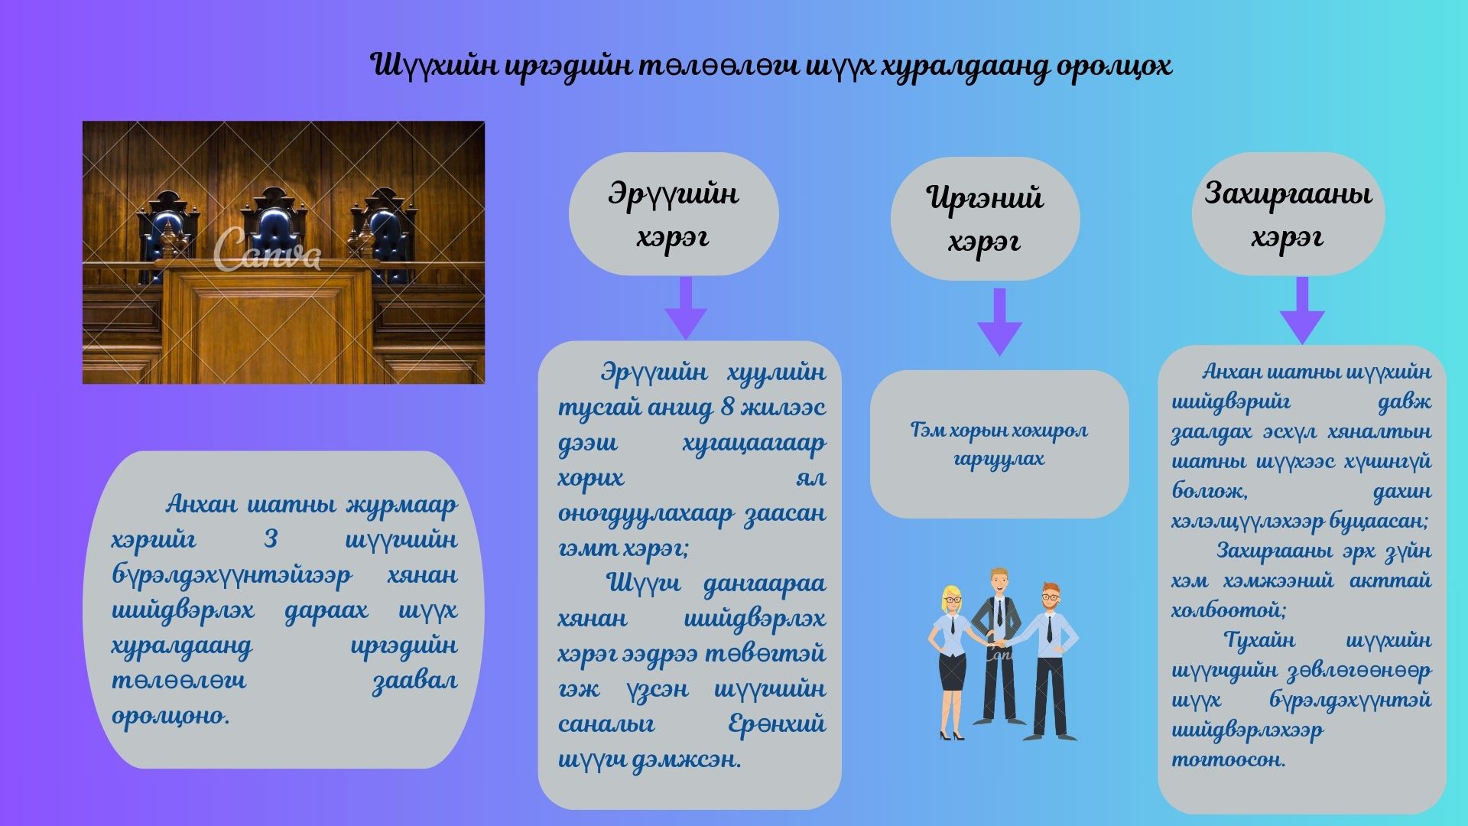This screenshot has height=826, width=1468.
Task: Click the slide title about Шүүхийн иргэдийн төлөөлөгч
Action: pyautogui.click(x=771, y=67)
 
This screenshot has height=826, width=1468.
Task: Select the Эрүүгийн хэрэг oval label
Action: pyautogui.click(x=674, y=214)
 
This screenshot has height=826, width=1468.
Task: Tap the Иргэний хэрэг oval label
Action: pyautogui.click(x=985, y=219)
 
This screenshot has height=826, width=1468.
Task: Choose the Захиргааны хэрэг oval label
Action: pyautogui.click(x=1288, y=214)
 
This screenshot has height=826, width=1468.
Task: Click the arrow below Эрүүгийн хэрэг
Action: pyautogui.click(x=686, y=307)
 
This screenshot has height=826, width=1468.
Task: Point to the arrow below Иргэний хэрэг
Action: pyautogui.click(x=999, y=321)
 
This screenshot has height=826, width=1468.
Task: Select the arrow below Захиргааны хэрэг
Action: pyautogui.click(x=1302, y=310)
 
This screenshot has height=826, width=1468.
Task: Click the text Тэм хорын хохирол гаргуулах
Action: pyautogui.click(x=999, y=444)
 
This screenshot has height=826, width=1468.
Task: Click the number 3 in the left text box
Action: pyautogui.click(x=271, y=540)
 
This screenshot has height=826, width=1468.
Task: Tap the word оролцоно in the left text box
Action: pyautogui.click(x=171, y=717)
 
